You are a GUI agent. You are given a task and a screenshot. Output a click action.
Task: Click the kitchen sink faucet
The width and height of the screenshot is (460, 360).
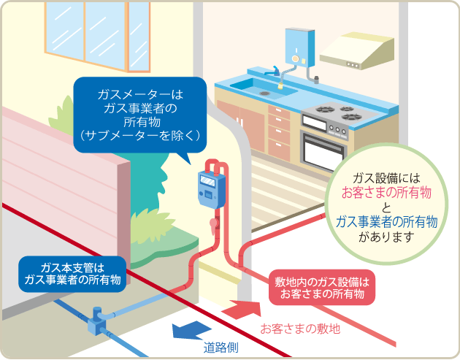276,73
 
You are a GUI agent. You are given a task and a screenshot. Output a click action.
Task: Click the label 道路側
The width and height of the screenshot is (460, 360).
220,348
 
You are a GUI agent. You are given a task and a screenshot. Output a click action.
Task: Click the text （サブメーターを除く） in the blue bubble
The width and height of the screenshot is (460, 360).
141,135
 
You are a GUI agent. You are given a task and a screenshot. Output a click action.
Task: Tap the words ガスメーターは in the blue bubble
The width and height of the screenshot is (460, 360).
141,95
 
